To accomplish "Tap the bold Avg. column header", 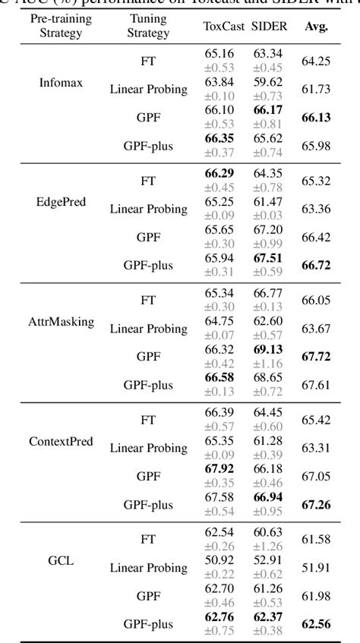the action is pos(314,26).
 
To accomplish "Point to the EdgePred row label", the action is pos(61,202).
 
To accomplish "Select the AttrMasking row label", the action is pos(61,321).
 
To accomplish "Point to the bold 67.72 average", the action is pos(314,355).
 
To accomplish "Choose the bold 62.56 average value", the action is pos(314,624).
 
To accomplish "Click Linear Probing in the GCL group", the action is pos(148,567).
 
